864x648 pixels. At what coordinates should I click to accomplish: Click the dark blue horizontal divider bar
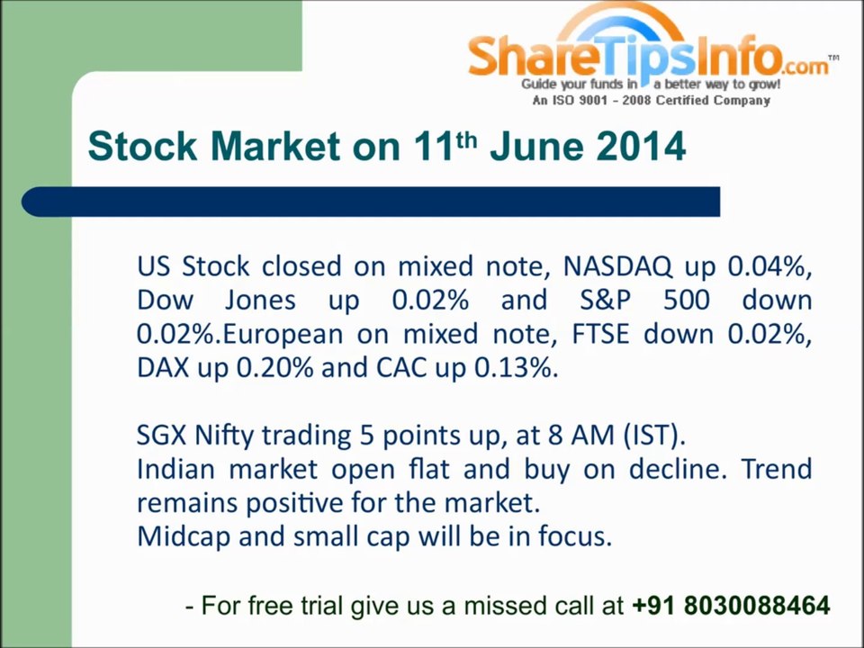[371, 202]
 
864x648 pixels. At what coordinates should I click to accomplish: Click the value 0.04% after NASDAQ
[769, 266]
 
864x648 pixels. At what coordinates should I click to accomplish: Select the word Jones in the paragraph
[260, 301]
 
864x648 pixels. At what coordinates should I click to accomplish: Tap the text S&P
[605, 301]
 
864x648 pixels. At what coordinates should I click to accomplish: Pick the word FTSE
[600, 335]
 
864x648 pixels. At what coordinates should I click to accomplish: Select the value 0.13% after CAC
[517, 368]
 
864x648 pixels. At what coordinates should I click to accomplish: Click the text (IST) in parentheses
[654, 436]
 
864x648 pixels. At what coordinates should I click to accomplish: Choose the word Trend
[777, 469]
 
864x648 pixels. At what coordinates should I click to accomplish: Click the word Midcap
[183, 537]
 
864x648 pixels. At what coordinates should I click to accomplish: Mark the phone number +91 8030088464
[731, 605]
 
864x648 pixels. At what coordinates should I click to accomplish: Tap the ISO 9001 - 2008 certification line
[651, 100]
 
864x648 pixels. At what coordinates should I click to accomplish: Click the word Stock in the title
[142, 147]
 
